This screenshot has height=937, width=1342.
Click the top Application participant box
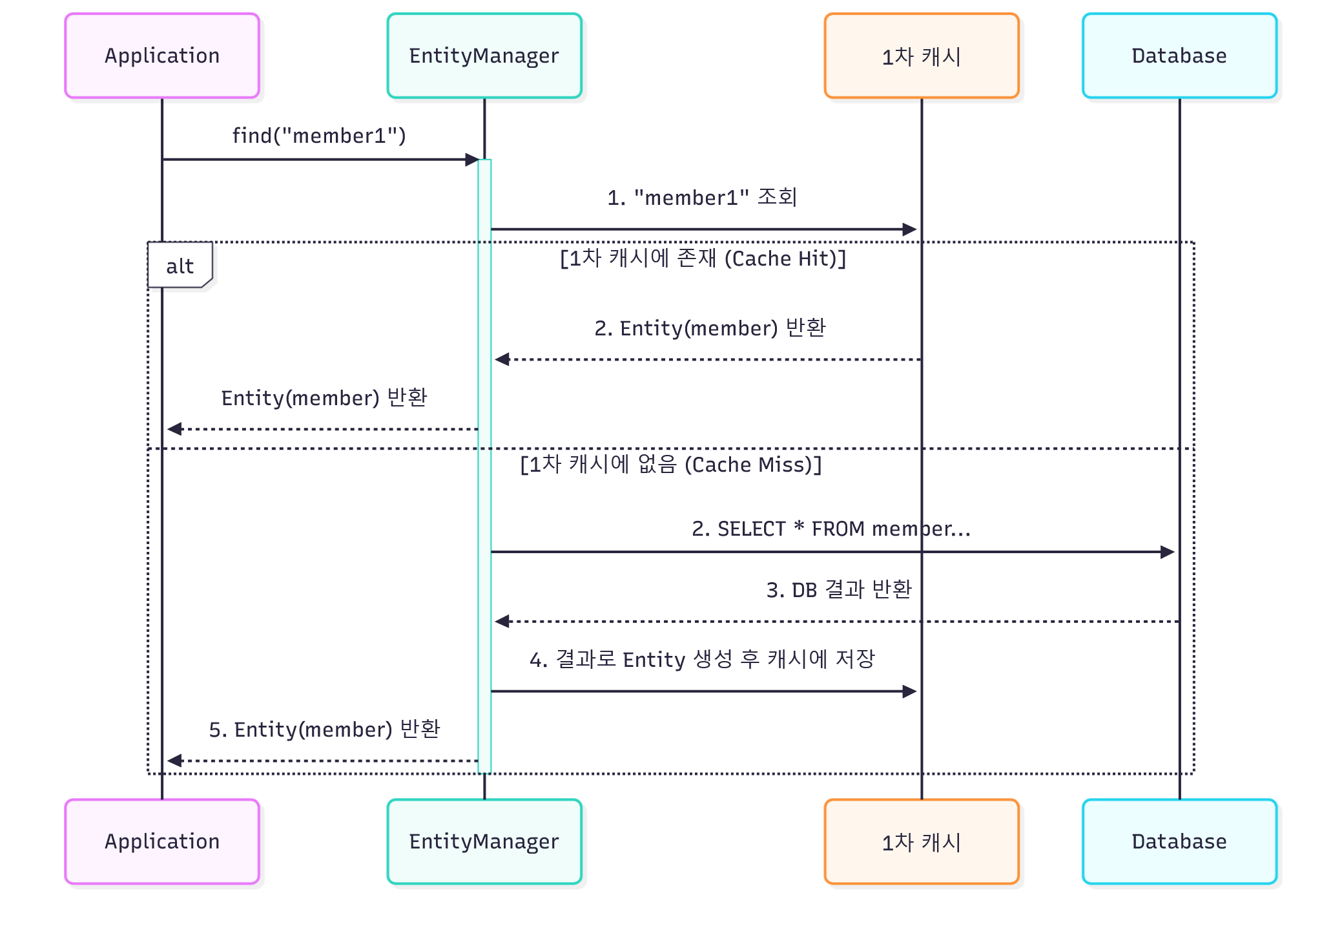click(x=162, y=56)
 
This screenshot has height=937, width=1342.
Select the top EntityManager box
click(x=484, y=56)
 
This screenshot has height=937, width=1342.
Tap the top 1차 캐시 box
click(x=922, y=56)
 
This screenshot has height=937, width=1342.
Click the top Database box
click(x=1179, y=56)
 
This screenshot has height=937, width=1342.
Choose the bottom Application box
click(x=162, y=841)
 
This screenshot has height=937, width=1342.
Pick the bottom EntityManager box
click(x=484, y=841)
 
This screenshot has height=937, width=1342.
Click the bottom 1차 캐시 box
click(x=922, y=841)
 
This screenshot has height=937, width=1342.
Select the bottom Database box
click(x=1179, y=841)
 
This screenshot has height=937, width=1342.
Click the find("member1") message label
click(x=319, y=136)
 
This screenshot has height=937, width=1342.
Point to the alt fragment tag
click(x=180, y=266)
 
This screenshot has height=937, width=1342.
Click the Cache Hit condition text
click(x=703, y=258)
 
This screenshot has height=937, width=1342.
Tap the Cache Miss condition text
click(x=671, y=465)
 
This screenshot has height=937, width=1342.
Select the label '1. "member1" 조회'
click(x=702, y=197)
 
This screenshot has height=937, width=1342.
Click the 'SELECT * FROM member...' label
click(x=831, y=529)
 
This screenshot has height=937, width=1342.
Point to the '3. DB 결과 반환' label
click(x=839, y=589)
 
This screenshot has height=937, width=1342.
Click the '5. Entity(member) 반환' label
click(x=324, y=729)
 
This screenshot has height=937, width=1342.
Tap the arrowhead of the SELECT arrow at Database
click(x=1168, y=552)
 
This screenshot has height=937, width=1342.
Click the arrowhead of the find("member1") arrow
click(x=472, y=160)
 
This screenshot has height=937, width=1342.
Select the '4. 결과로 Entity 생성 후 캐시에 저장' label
click(x=702, y=659)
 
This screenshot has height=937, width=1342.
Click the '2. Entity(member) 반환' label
click(x=710, y=328)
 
